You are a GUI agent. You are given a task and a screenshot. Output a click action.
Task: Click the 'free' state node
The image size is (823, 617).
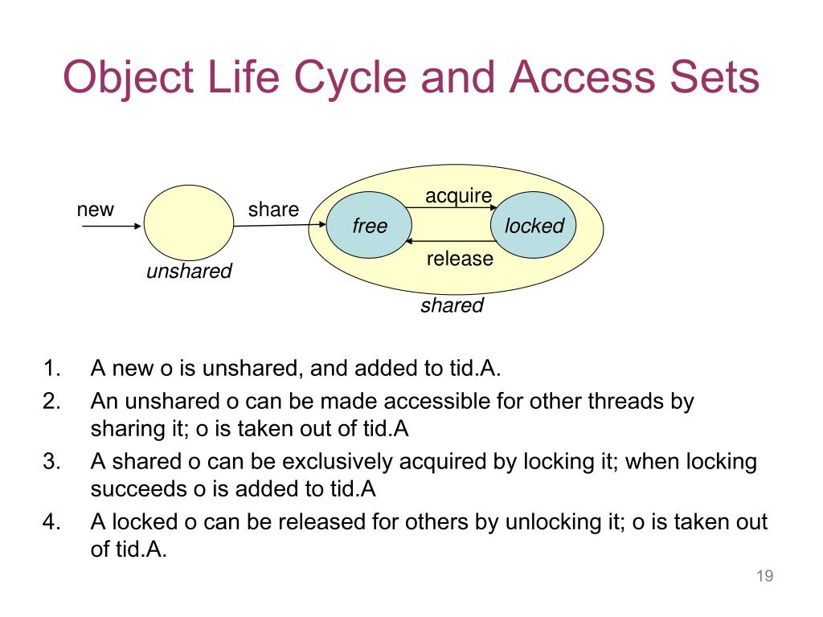(x=369, y=226)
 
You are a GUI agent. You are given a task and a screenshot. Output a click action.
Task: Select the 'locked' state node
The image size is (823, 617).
(x=534, y=226)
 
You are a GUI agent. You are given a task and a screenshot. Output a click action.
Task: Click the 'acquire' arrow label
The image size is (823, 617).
(x=458, y=196)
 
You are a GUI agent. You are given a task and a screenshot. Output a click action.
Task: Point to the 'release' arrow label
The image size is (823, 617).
(x=459, y=259)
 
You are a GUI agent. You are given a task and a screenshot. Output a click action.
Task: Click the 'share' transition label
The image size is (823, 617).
(x=273, y=210)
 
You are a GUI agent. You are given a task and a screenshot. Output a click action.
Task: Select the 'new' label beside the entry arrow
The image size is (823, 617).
(x=96, y=210)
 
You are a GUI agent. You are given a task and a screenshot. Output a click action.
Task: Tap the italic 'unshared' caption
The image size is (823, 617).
(x=189, y=272)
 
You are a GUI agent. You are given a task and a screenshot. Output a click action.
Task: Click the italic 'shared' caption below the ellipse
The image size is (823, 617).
(x=452, y=305)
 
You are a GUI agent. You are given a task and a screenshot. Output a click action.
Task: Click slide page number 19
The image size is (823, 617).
(x=764, y=576)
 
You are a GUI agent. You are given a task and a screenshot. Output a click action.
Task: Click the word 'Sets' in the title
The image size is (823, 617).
(x=708, y=79)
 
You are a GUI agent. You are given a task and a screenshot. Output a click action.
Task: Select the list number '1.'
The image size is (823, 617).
(x=52, y=369)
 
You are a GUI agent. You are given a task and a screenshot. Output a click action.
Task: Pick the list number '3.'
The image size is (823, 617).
(x=52, y=462)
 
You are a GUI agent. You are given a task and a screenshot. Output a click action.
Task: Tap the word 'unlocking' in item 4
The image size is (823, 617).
(x=554, y=522)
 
